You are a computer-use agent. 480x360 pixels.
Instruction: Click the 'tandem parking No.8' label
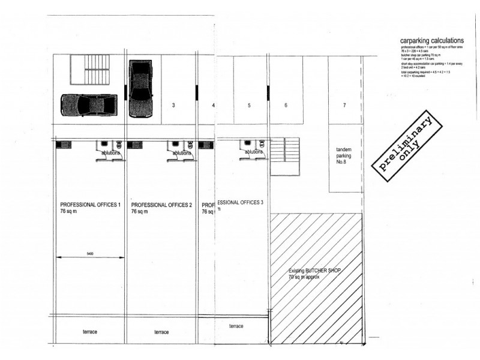coord(344,156)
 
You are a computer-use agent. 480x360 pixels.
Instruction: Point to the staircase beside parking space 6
coord(284,156)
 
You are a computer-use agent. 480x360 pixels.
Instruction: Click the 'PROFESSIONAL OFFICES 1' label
coord(90,205)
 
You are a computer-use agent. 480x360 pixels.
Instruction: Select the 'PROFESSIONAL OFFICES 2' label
coord(161,205)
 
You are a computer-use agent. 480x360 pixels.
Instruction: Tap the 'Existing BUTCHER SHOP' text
coord(314,271)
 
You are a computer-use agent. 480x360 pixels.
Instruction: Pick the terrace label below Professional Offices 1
coord(90,332)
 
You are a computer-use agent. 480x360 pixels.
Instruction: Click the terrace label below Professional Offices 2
coord(161,332)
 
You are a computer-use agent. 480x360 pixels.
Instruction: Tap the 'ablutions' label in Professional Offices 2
coord(182,153)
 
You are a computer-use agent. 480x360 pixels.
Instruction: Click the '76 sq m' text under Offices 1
coord(70,212)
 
